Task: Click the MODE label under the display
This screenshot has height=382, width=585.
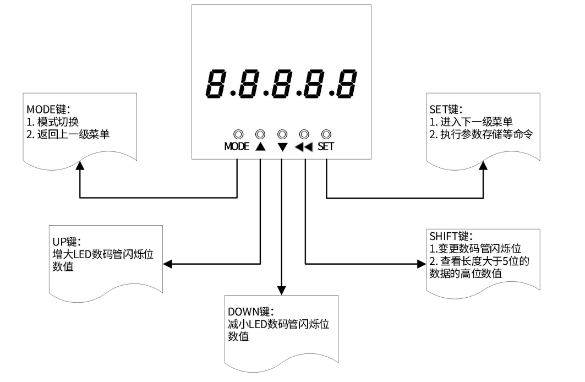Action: click(237, 147)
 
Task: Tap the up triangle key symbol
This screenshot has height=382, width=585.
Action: click(260, 147)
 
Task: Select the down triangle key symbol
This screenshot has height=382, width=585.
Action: click(282, 147)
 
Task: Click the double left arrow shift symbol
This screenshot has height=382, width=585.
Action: click(304, 147)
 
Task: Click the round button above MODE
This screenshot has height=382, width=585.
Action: click(238, 134)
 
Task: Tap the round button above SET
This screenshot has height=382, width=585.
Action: click(326, 134)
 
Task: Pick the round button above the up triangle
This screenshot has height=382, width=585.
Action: click(260, 134)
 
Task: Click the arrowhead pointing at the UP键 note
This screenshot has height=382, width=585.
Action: click(168, 264)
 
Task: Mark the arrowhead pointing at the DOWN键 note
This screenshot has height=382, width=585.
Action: click(282, 289)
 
